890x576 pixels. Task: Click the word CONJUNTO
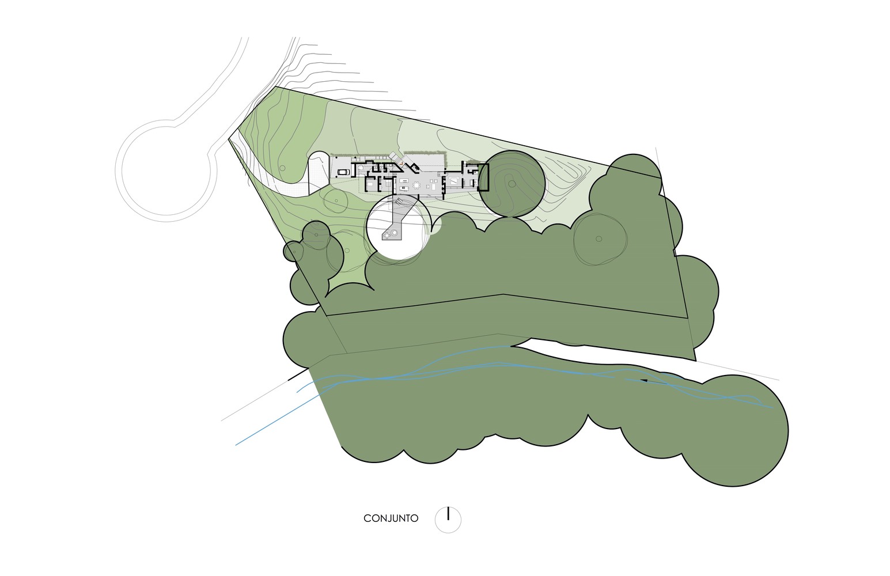point(391,518)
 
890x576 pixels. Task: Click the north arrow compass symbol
point(448,520)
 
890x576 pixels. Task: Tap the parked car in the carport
point(343,172)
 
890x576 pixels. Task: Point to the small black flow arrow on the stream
point(643,381)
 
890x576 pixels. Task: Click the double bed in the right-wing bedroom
point(453,183)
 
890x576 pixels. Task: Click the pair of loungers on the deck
point(399,203)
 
